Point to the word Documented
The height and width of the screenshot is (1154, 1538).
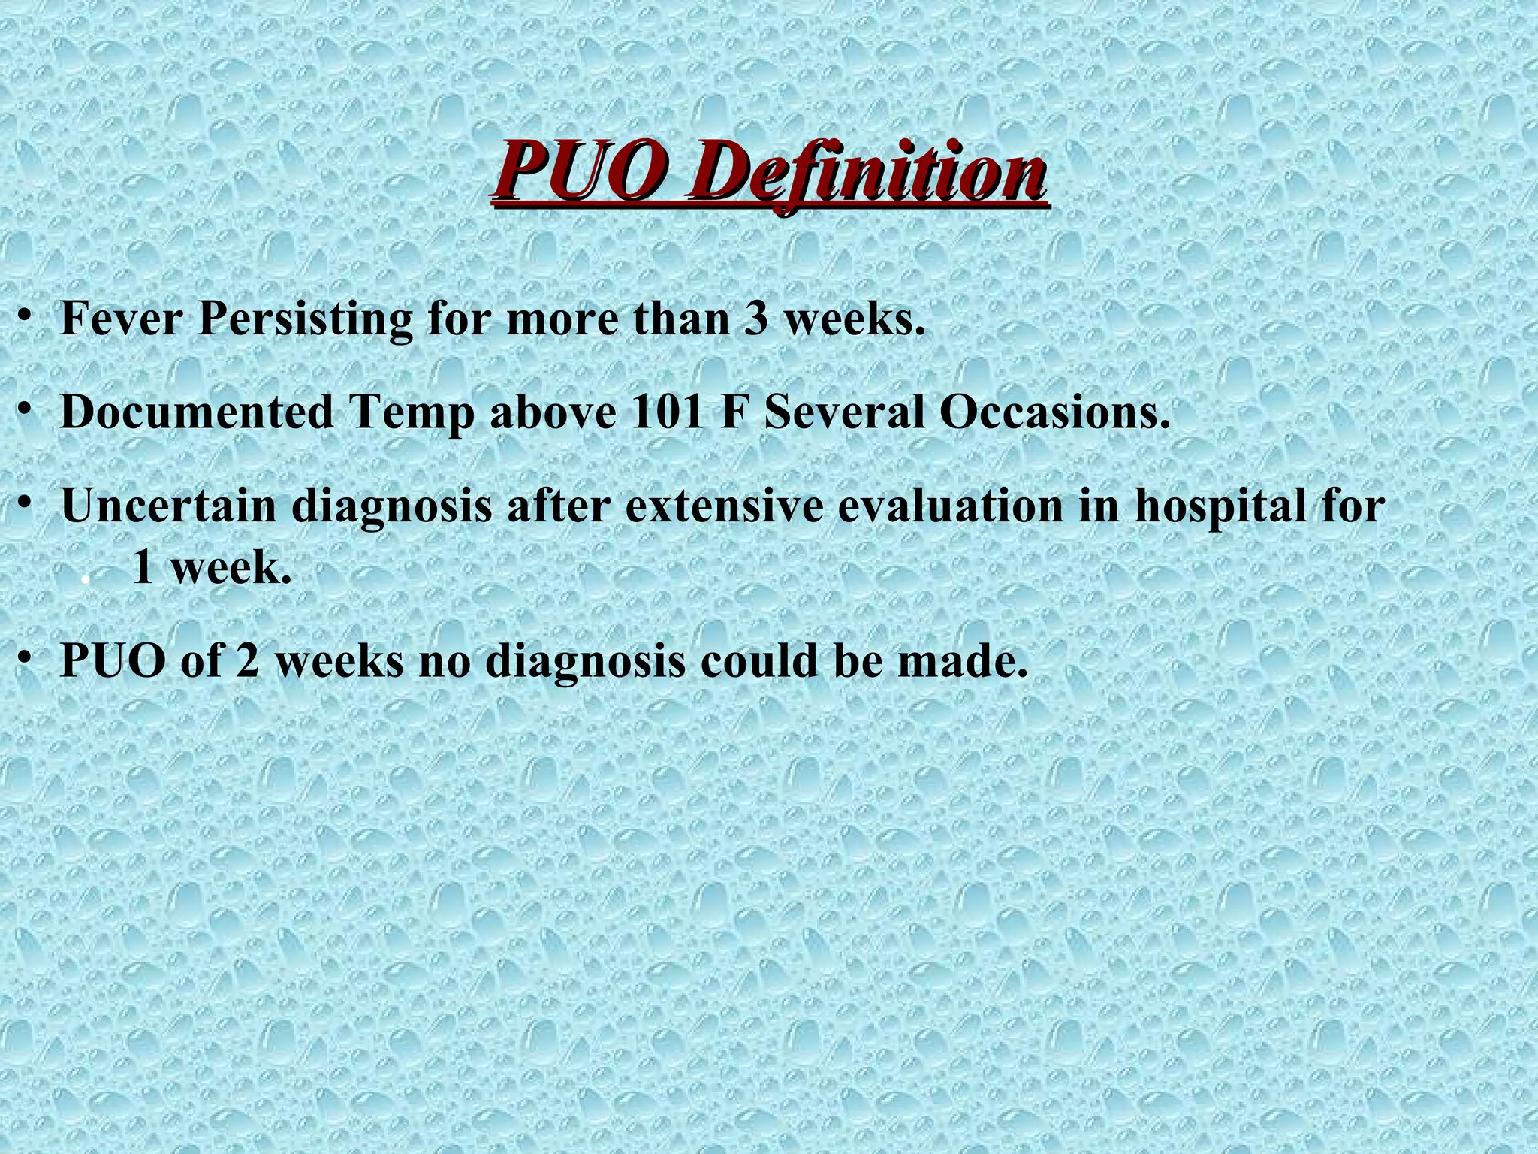tap(196, 412)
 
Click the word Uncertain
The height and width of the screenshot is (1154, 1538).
tap(168, 506)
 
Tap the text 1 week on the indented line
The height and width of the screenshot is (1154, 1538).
tap(211, 568)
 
